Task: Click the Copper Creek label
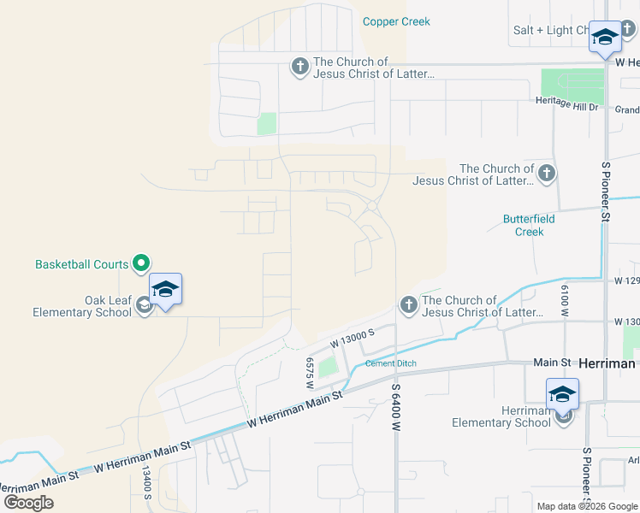[396, 21]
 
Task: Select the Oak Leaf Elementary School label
[82, 306]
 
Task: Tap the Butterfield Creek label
[529, 226]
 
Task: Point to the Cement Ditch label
[391, 363]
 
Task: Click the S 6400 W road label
[396, 407]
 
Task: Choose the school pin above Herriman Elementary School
[562, 394]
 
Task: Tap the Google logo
[28, 502]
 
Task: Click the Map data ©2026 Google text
[586, 506]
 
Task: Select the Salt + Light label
[550, 30]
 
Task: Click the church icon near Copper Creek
[299, 67]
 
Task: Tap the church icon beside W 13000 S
[408, 305]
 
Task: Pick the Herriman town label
[607, 363]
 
